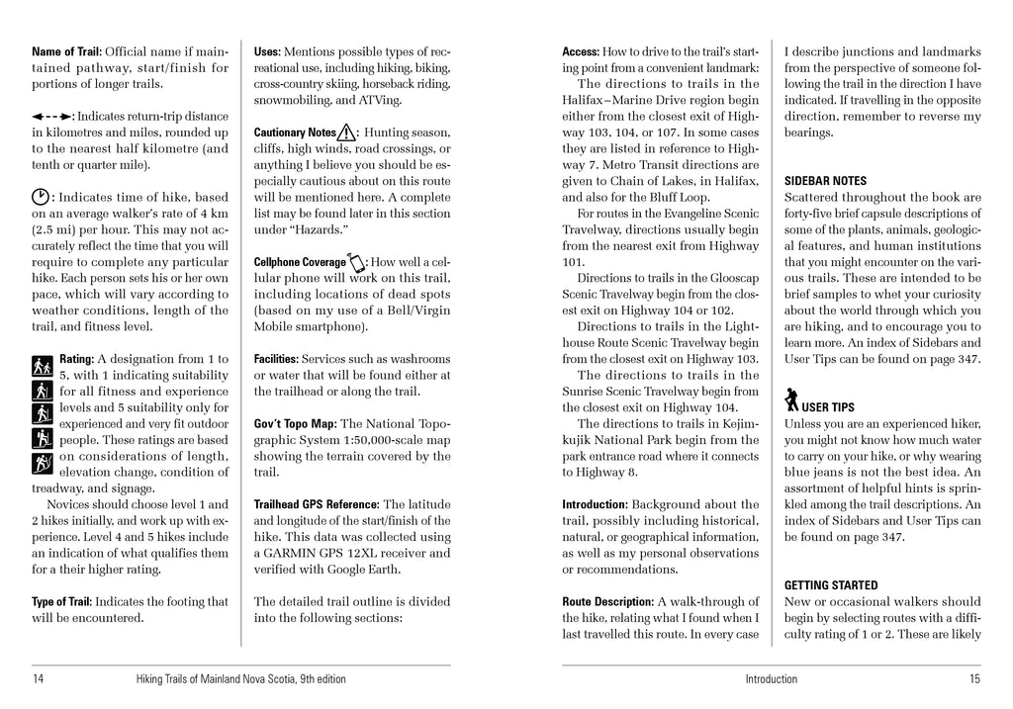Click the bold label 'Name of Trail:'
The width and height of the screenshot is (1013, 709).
pos(67,51)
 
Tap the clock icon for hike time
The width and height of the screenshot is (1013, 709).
pos(41,197)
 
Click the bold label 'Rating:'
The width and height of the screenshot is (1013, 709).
pos(77,359)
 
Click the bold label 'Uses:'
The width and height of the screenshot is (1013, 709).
pos(267,51)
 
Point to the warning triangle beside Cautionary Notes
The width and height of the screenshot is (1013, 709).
pos(347,132)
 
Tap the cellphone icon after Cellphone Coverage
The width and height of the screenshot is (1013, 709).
pos(357,262)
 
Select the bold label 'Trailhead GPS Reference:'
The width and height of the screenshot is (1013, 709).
pos(317,504)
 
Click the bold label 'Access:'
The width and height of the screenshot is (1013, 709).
pos(580,51)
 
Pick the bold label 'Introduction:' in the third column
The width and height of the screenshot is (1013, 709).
pos(596,504)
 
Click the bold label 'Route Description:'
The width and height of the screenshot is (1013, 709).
pos(607,601)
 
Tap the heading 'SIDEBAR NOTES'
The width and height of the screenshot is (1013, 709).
pos(825,181)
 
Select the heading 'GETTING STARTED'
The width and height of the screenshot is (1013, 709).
pos(831,585)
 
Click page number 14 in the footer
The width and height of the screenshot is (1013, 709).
pos(38,679)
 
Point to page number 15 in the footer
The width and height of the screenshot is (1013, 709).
pos(974,679)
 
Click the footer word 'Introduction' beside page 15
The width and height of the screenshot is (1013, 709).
pos(771,679)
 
